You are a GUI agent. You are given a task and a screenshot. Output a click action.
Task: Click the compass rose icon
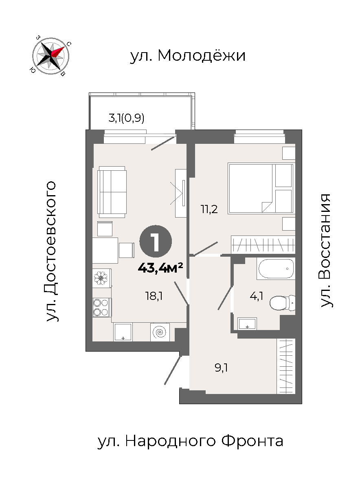pos(51,56)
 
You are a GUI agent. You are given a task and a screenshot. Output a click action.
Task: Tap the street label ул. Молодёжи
pos(188,56)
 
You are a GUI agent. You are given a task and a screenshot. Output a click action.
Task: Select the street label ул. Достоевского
pos(51,251)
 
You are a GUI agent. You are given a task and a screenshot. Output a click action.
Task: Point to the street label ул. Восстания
pos(325,250)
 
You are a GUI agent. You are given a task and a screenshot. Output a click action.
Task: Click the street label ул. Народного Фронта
pos(191,441)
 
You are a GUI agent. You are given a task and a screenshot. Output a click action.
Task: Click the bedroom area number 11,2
pos(209,209)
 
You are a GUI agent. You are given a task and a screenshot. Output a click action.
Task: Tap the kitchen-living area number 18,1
pos(154,296)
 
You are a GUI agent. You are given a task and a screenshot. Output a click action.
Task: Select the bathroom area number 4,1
pos(257,296)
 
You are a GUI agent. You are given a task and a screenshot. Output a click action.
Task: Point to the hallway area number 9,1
pos(221,368)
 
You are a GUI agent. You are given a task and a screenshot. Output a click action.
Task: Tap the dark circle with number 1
pos(156,241)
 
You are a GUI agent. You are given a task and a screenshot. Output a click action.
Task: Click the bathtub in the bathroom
pos(276,269)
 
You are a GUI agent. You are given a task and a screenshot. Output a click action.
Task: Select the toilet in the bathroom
pos(282,303)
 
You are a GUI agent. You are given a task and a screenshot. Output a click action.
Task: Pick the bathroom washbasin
pos(247,324)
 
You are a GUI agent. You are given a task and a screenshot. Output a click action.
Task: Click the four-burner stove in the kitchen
pos(102,307)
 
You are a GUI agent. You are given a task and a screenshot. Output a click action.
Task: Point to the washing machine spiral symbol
pos(160,332)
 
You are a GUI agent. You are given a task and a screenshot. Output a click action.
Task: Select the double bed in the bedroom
pos(261,188)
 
